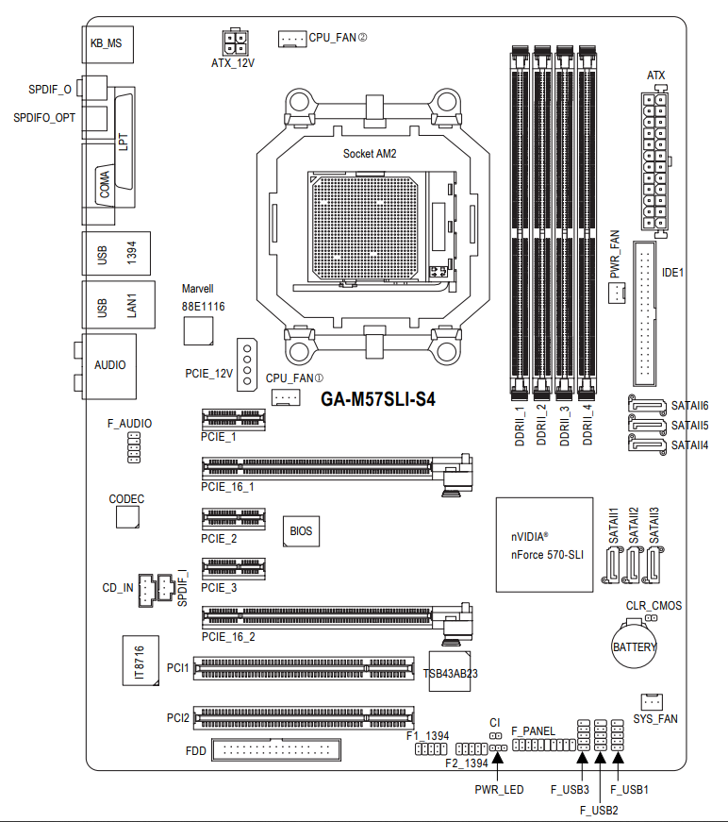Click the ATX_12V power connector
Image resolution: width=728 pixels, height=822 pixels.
232,42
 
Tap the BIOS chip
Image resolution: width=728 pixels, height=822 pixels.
301,531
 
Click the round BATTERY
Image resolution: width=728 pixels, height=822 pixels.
634,642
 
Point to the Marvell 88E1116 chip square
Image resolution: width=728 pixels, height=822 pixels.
198,330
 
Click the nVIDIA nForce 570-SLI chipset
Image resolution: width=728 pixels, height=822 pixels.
544,545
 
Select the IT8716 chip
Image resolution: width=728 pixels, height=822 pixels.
139,662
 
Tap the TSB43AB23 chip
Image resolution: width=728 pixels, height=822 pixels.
451,671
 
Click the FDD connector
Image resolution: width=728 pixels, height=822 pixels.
277,750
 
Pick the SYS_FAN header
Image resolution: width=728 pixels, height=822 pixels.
652,701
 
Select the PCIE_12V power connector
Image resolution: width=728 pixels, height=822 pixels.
246,363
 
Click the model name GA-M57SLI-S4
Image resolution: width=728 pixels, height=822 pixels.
378,399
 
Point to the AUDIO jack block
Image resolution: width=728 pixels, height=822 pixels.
109,365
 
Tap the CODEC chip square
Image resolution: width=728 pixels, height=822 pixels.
127,516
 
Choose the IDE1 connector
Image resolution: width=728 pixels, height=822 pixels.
648,313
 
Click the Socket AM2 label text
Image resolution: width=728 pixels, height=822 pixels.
370,152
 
